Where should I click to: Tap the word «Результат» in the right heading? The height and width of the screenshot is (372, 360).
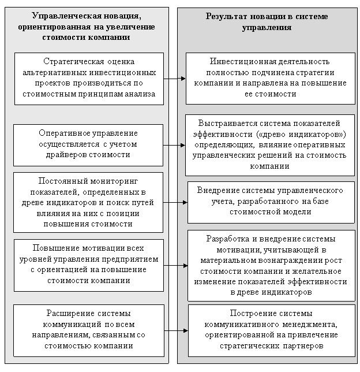pos(226,17)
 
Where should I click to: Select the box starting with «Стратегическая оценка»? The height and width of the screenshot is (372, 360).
pos(89,79)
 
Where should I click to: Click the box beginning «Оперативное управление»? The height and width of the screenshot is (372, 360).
pos(88,145)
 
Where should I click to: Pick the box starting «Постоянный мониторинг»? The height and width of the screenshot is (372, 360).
pos(88,202)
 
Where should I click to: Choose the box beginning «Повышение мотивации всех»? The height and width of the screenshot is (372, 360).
pos(89,265)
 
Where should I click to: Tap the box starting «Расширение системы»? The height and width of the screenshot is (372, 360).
pos(89,330)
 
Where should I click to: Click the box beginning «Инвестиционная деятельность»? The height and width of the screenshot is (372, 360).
pos(271,79)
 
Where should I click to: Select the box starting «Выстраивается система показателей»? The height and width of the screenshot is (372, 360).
pos(270,145)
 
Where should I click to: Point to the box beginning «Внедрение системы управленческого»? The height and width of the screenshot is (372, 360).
pos(271,202)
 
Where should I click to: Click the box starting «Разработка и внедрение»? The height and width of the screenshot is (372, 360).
pos(271,266)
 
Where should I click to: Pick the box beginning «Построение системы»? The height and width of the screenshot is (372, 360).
pos(272,330)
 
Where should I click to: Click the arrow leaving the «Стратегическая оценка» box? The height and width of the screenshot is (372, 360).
pos(175,79)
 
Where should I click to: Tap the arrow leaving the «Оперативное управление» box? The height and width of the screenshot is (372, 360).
pos(174,145)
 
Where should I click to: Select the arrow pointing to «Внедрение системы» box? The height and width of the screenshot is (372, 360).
pos(175,202)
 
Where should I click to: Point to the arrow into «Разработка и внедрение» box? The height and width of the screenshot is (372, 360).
pos(175,266)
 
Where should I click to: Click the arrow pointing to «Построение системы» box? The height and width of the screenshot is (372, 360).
pos(176,330)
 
